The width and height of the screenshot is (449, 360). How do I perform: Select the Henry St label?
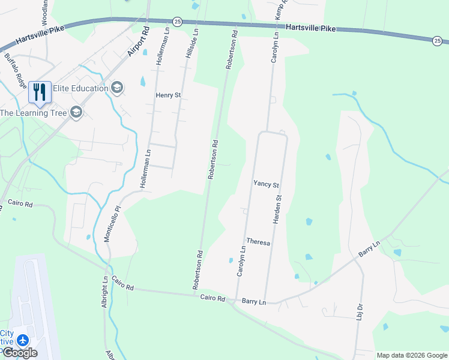point(168,95)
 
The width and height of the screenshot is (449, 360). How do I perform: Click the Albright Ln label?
point(104,292)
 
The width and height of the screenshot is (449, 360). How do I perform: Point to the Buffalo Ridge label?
point(16,71)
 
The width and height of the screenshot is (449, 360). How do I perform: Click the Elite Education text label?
point(80,88)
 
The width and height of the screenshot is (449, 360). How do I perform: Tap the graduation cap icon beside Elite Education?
point(117,88)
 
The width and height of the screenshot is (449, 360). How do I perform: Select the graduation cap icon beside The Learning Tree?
point(76,112)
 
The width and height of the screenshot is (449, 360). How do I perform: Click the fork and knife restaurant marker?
point(40,92)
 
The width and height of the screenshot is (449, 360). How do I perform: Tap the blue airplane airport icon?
point(23,340)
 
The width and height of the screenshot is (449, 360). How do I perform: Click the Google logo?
point(20,353)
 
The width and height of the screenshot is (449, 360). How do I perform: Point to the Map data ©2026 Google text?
point(412,355)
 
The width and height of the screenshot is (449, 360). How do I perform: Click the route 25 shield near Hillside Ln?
point(176,21)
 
